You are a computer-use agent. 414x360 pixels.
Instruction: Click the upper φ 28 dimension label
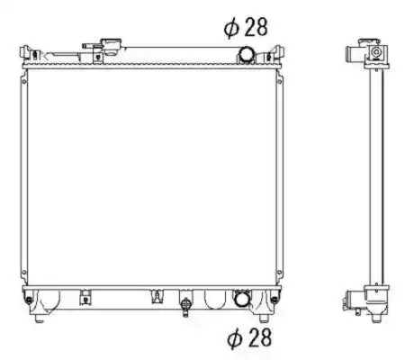click(246, 27)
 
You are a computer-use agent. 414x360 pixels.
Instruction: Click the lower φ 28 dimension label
click(249, 337)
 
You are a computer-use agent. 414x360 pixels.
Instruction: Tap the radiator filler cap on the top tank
click(111, 47)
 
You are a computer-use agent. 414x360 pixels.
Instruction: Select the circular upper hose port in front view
click(246, 55)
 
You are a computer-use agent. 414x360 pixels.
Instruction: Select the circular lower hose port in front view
click(242, 299)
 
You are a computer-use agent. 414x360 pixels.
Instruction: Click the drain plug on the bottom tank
click(185, 306)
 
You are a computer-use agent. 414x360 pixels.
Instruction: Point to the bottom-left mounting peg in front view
click(39, 319)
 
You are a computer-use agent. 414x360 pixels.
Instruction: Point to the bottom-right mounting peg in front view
click(264, 319)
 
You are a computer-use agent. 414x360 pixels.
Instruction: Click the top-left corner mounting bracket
click(29, 54)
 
